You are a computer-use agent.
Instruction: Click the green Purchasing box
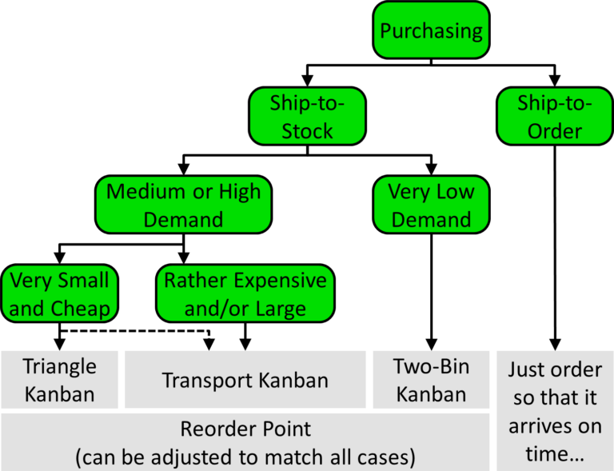[431, 32]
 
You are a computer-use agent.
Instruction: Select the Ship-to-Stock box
[307, 118]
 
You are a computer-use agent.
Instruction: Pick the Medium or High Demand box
[183, 205]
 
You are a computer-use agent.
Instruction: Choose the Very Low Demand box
[431, 205]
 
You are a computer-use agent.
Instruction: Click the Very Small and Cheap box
[59, 293]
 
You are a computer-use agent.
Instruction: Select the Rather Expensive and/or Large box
[245, 293]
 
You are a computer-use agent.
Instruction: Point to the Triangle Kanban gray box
[59, 380]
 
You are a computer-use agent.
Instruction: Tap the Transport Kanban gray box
[245, 380]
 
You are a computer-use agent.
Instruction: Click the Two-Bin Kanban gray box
[431, 380]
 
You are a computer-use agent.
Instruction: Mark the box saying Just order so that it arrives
[555, 410]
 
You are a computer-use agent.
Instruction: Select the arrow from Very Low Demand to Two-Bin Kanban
[431, 288]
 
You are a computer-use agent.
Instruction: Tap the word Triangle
[59, 367]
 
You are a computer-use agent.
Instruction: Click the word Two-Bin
[431, 367]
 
